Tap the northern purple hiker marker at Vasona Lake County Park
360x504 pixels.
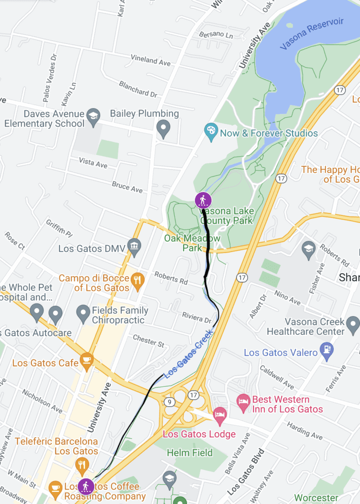(203, 200)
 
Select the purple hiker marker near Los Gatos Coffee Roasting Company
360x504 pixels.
(85, 487)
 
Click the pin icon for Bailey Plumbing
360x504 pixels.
(163, 128)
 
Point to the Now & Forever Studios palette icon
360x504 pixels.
(211, 133)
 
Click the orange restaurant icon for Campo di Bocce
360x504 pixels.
(137, 281)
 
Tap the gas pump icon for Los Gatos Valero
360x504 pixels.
(325, 349)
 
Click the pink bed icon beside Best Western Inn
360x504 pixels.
(243, 401)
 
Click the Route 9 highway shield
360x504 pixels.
(169, 402)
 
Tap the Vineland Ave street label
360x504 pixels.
(150, 60)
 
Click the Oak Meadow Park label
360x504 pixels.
(192, 243)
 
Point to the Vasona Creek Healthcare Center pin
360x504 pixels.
(353, 323)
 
